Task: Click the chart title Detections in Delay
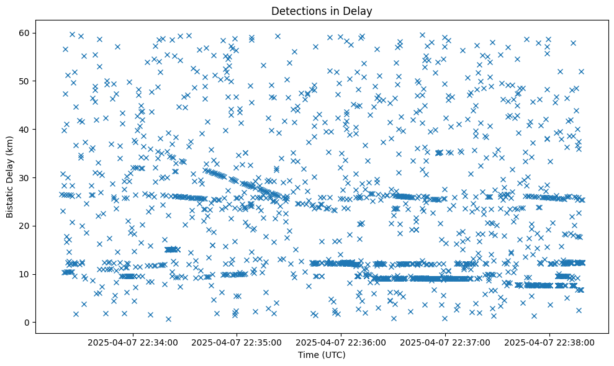(x=322, y=11)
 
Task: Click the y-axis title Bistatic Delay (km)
(x=10, y=177)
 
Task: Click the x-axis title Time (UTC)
(x=322, y=355)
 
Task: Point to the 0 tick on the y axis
(x=27, y=323)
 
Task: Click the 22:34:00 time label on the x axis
(x=133, y=342)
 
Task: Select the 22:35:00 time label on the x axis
(x=237, y=342)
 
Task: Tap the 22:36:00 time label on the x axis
(x=341, y=342)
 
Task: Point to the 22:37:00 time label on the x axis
(x=446, y=342)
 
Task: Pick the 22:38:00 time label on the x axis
(x=550, y=342)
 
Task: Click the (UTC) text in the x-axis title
(x=333, y=355)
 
